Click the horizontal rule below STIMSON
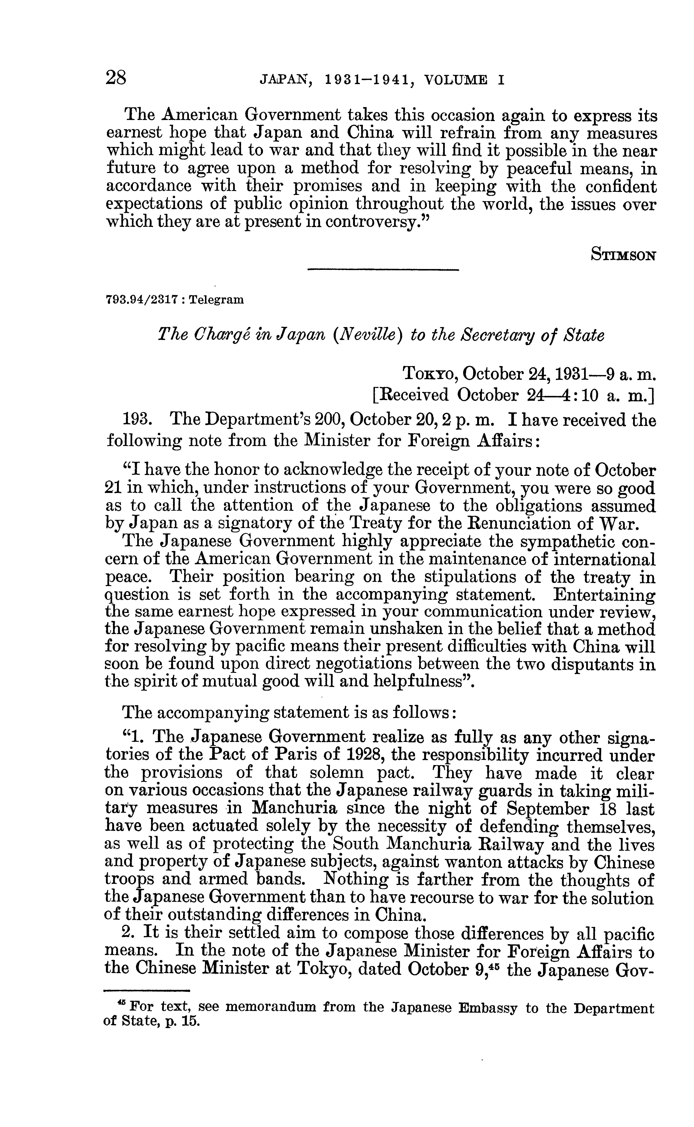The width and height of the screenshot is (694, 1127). point(383,270)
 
